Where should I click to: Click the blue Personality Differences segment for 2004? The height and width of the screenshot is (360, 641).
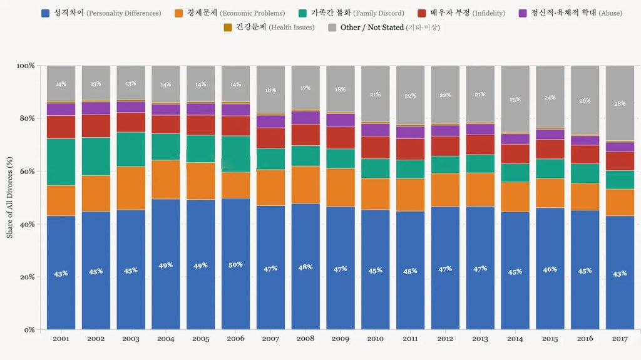click(x=165, y=264)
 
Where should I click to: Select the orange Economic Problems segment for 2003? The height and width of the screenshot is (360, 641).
click(x=130, y=188)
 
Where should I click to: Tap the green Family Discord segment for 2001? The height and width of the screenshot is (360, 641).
click(x=61, y=162)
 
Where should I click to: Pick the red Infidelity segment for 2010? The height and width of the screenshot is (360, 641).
click(x=375, y=147)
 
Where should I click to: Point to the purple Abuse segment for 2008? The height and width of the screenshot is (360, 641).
click(x=305, y=117)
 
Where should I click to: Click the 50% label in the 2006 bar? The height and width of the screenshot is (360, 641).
click(x=235, y=265)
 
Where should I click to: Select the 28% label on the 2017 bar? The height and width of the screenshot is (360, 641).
click(x=619, y=104)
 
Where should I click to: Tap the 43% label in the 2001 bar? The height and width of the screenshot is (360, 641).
click(x=61, y=274)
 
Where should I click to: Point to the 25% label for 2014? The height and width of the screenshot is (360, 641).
click(x=515, y=100)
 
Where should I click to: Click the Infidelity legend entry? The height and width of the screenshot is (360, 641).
click(x=461, y=13)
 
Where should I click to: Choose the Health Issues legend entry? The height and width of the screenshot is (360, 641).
click(x=269, y=28)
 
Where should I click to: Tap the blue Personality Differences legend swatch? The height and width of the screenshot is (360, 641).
click(x=45, y=13)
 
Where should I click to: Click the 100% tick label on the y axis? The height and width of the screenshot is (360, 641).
click(x=24, y=66)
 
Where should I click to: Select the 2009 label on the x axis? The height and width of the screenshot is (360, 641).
click(x=340, y=339)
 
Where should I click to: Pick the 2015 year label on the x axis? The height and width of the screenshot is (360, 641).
click(x=550, y=339)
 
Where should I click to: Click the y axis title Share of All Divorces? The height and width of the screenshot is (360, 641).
click(x=10, y=198)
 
